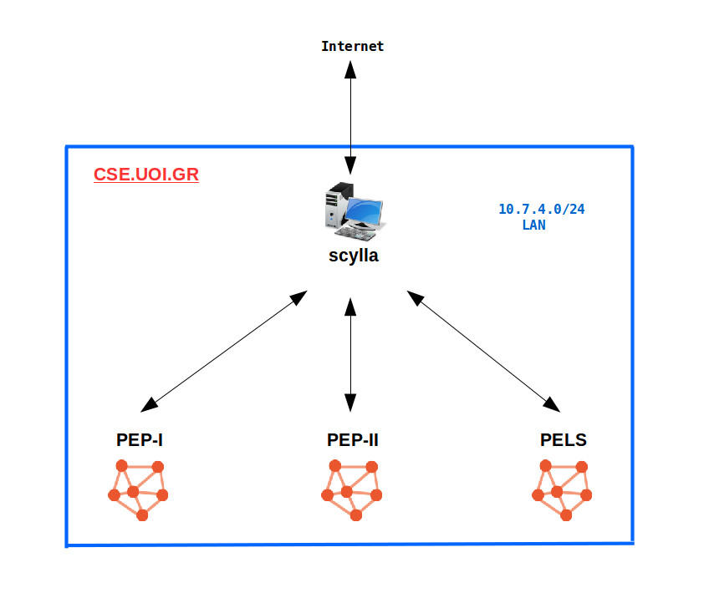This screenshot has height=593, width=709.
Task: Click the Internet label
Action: pos(352,47)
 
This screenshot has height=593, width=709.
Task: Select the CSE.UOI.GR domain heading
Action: pos(146,175)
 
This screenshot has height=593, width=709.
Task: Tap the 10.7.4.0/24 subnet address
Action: pos(541,209)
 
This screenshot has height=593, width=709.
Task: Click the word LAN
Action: pos(533,225)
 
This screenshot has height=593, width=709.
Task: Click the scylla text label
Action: pos(353,256)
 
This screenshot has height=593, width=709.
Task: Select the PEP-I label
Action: pos(139,440)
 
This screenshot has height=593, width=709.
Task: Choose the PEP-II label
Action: pos(352,440)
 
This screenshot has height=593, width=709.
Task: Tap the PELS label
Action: pos(564,440)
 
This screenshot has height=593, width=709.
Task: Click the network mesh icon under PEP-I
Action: pos(138,489)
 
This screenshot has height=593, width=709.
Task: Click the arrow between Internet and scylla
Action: pos(351,117)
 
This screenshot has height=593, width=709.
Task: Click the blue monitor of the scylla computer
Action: pos(366,212)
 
